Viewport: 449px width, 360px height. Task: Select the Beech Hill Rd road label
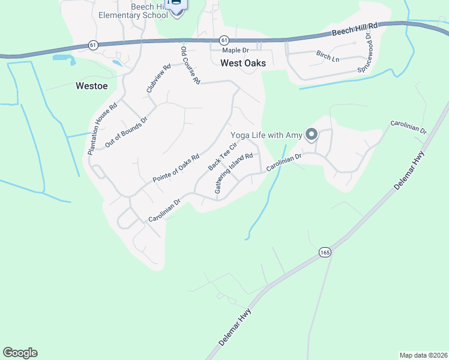356,31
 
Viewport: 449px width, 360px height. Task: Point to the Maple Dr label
237,50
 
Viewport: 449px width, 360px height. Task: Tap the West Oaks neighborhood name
243,62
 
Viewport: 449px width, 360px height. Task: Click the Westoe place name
92,86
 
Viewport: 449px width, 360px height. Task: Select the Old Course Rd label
190,65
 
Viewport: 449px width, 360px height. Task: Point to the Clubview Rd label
158,79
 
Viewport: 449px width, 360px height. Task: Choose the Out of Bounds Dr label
125,133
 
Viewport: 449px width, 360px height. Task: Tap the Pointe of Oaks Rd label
175,169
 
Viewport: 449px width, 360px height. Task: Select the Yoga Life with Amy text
265,135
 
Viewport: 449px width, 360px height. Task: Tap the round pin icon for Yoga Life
311,134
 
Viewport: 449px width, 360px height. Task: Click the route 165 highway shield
325,251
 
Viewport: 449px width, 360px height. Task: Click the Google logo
20,353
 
